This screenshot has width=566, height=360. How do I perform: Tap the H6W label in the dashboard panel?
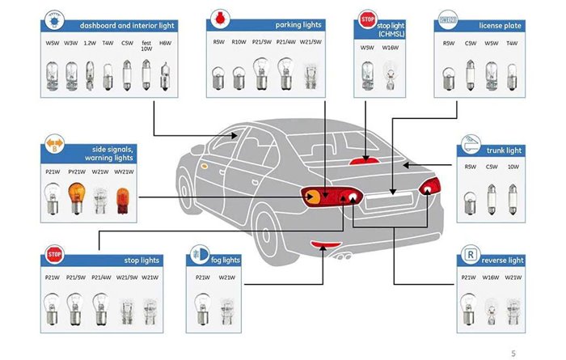coord(165,43)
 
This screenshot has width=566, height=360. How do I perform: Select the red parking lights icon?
coord(218,17)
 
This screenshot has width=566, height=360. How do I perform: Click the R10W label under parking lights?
coord(239,43)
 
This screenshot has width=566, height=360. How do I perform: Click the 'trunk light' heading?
coord(505,150)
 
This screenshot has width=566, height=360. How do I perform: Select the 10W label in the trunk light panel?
coord(513,167)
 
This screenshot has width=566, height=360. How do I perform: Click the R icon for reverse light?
coord(468,256)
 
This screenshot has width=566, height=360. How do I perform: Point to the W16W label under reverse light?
coord(490,277)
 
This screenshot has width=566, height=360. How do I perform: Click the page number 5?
coord(513,352)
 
